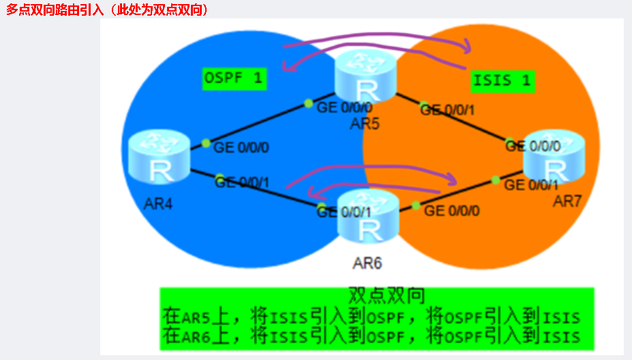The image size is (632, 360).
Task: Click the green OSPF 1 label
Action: pyautogui.click(x=235, y=78)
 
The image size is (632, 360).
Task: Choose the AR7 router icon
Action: pyautogui.click(x=554, y=160)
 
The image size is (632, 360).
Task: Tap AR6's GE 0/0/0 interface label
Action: pyautogui.click(x=451, y=210)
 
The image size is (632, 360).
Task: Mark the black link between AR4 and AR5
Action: pyautogui.click(x=259, y=123)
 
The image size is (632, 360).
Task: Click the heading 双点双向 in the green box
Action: pyautogui.click(x=387, y=296)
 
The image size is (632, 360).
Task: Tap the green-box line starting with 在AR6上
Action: pyautogui.click(x=372, y=335)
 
